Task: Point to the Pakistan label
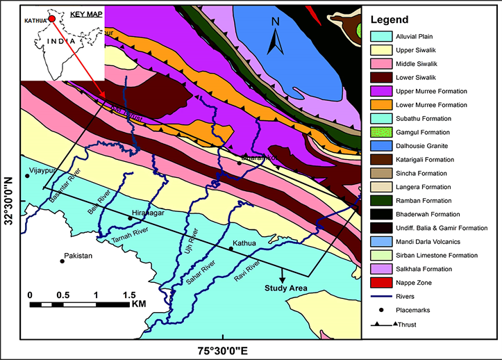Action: tap(78, 256)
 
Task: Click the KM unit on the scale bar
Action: tap(138, 304)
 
